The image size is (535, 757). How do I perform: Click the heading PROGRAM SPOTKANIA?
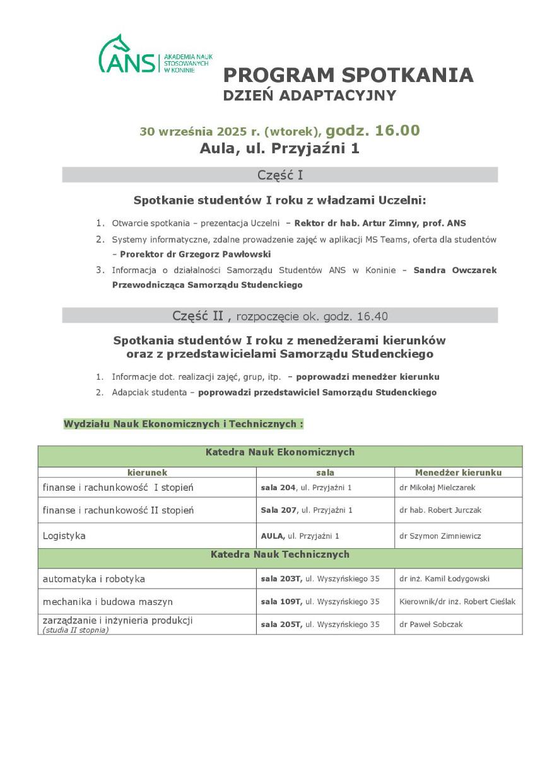pyautogui.click(x=348, y=75)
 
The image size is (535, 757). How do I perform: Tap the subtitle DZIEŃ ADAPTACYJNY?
pyautogui.click(x=310, y=96)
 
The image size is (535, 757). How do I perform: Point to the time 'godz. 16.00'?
pyautogui.click(x=372, y=131)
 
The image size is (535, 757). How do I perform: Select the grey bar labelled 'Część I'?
pyautogui.click(x=279, y=175)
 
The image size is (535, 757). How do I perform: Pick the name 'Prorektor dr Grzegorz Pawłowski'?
pyautogui.click(x=195, y=254)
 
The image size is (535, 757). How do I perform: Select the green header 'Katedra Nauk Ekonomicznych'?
pyautogui.click(x=279, y=452)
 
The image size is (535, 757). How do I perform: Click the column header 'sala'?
pyautogui.click(x=325, y=472)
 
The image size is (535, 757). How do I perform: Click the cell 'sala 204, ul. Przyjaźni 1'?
pyautogui.click(x=306, y=488)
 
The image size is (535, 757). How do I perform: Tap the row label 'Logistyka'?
pyautogui.click(x=64, y=536)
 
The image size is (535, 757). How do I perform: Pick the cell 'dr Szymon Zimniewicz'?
pyautogui.click(x=440, y=536)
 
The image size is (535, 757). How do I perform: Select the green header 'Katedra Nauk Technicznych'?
pyautogui.click(x=279, y=555)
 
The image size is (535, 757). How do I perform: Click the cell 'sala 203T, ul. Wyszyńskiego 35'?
pyautogui.click(x=320, y=579)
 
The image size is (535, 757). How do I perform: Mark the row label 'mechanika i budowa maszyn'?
pyautogui.click(x=107, y=602)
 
